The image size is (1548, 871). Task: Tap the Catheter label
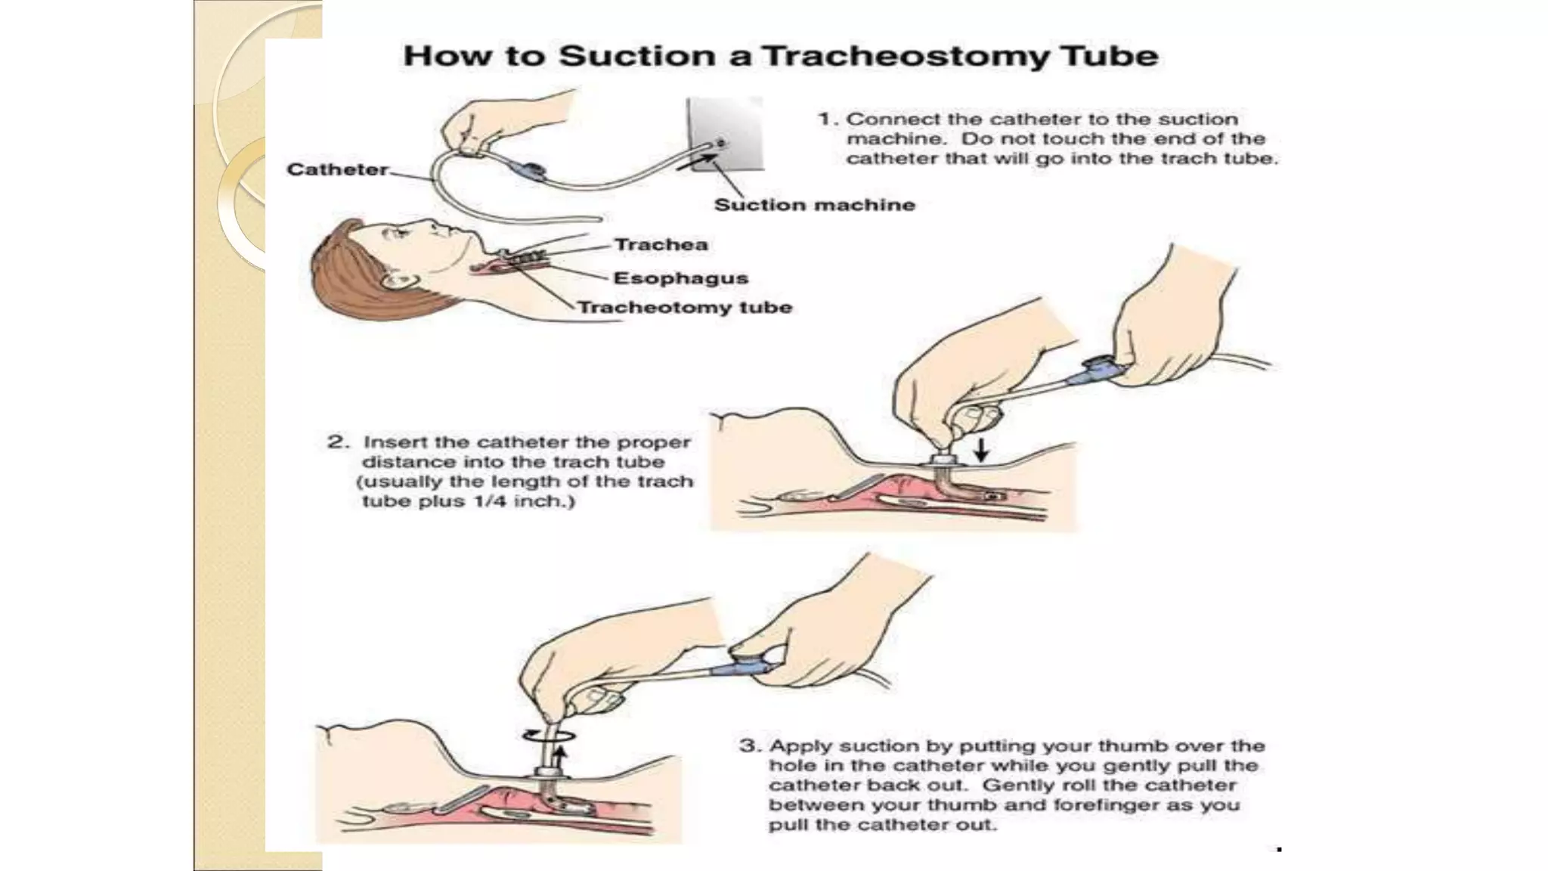[337, 169]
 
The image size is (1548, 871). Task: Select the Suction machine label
[814, 205]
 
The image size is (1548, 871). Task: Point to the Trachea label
[661, 245]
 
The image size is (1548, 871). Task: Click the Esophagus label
[680, 278]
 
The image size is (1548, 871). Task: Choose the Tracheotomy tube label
[685, 308]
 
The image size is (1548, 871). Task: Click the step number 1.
[827, 119]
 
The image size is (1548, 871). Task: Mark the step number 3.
[748, 746]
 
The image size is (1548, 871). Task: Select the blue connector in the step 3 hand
[753, 667]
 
